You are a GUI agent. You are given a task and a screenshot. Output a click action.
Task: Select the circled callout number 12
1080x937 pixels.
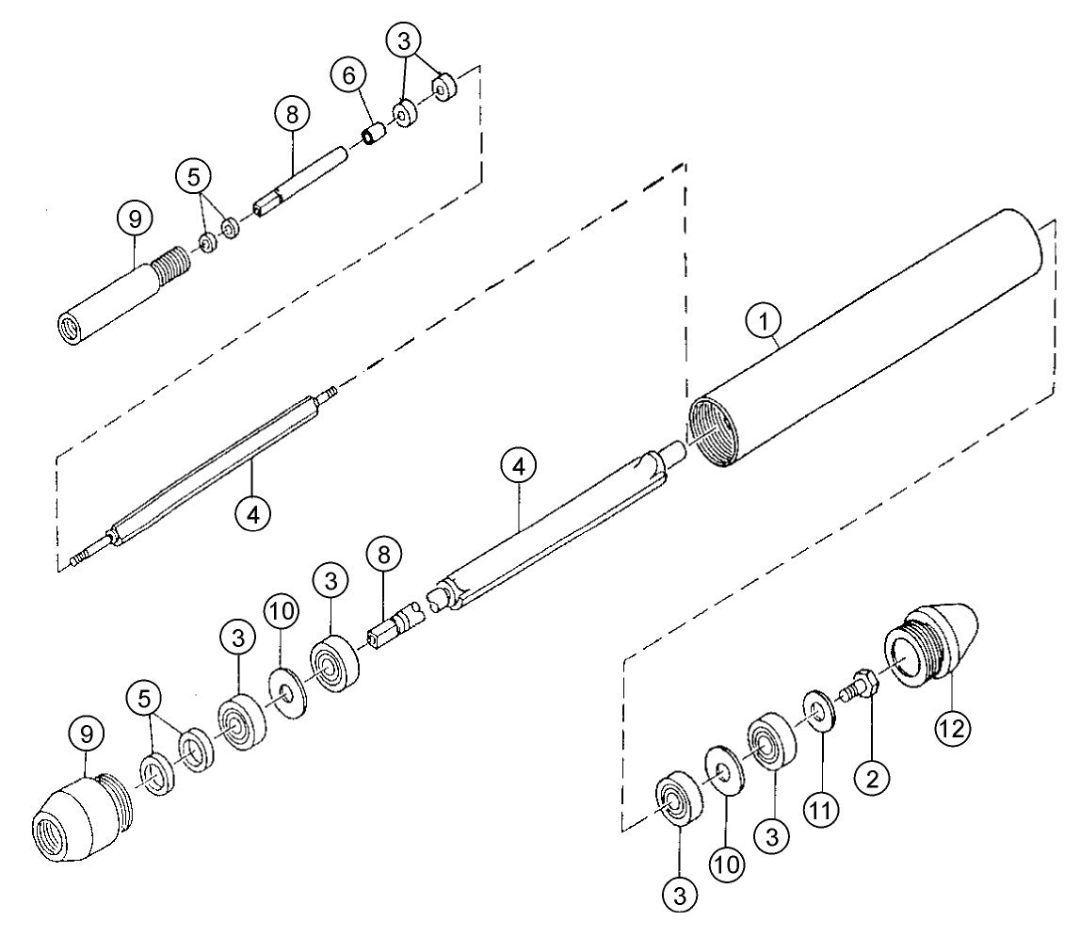pos(953,726)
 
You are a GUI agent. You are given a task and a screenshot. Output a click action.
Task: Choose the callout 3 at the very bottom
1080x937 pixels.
pos(680,891)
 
